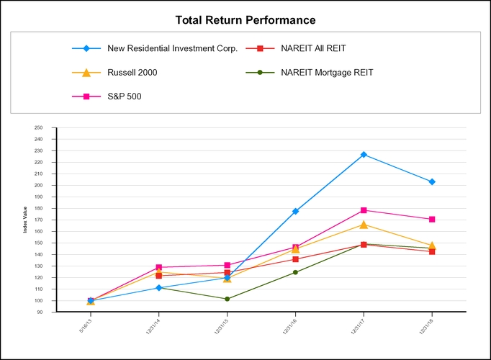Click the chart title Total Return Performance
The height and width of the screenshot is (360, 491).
245,20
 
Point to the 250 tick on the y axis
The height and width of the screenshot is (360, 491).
39,127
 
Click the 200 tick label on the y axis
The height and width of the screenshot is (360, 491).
39,185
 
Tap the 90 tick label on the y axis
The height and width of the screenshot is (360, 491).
40,312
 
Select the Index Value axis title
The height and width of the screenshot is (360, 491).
25,220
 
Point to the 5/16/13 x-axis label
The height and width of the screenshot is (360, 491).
86,328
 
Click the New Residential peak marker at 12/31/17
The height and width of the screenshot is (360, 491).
364,155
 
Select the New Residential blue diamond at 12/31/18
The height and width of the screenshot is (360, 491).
432,182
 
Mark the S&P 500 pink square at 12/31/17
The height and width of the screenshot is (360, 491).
364,210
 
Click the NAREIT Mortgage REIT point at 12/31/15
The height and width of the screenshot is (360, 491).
228,299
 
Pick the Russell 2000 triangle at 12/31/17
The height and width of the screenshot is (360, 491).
364,225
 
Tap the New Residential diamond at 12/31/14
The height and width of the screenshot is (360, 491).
159,288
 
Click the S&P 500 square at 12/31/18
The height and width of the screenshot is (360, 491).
432,219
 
